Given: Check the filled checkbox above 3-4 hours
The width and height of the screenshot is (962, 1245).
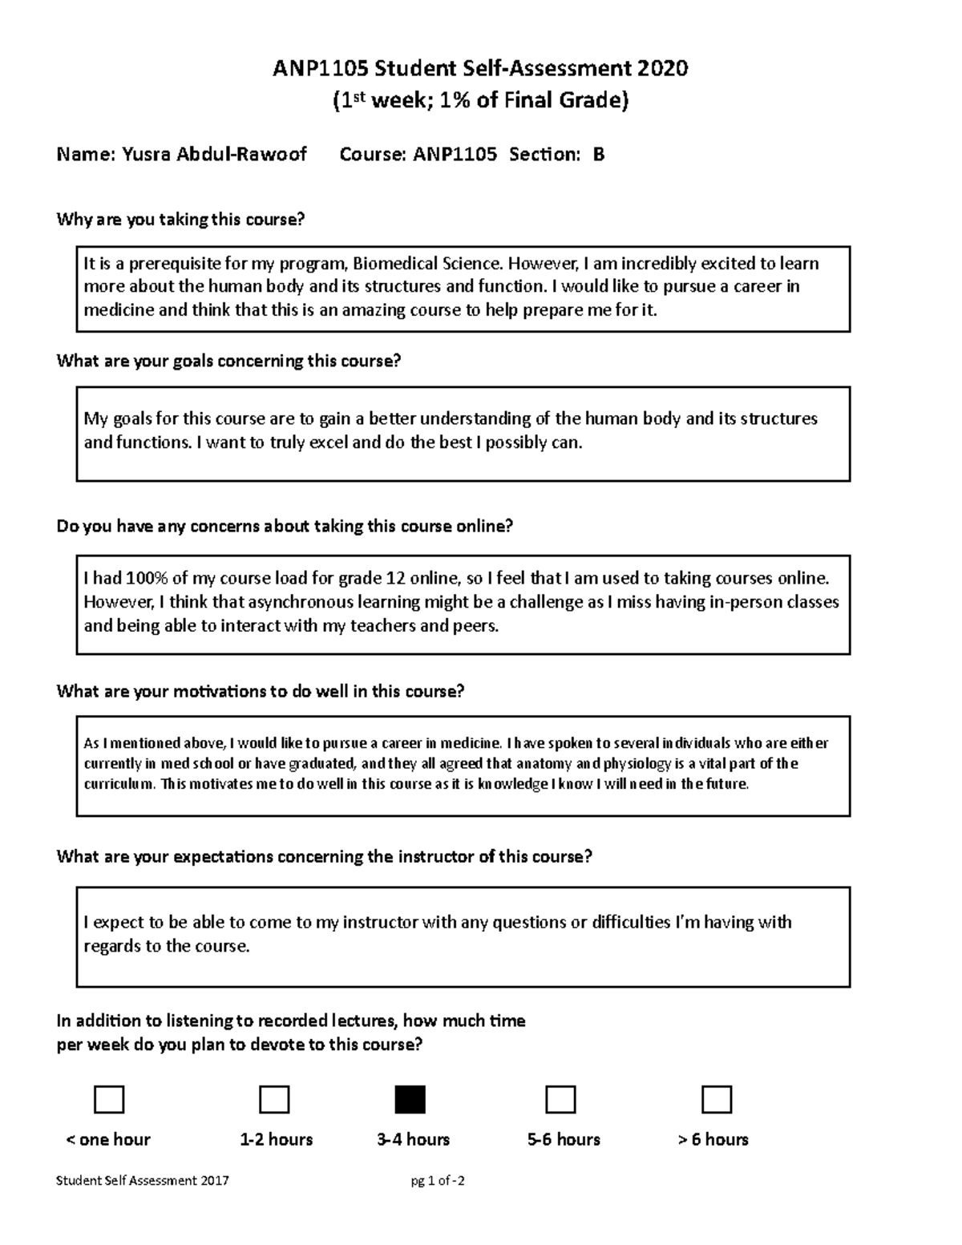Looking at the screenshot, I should [410, 1099].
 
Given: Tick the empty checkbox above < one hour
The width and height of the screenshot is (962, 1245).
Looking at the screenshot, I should [109, 1099].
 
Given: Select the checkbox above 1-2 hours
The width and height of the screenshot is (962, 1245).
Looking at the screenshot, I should [274, 1099].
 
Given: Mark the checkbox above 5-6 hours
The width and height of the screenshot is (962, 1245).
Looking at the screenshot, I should [560, 1099].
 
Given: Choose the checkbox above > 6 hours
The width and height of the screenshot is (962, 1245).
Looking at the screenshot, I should [716, 1099].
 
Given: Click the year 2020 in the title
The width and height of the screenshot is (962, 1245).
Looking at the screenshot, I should [662, 69].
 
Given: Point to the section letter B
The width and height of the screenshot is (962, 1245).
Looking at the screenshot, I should [598, 155].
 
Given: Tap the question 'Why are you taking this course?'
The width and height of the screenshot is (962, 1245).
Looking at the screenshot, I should [181, 220].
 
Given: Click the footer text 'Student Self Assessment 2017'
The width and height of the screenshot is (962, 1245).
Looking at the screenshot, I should [143, 1180].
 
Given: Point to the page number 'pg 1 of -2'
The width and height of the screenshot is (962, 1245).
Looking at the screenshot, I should [437, 1180].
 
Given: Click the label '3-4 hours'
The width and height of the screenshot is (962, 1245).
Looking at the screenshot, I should [413, 1139].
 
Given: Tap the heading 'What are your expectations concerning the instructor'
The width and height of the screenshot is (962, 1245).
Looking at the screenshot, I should [324, 856].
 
